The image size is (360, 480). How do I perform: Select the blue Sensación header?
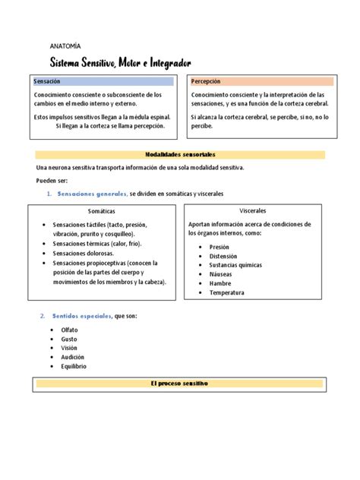tap(47, 81)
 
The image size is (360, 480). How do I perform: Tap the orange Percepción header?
tap(206, 81)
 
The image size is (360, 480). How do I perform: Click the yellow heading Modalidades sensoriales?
tap(180, 154)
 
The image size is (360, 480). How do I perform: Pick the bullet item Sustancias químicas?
tap(235, 265)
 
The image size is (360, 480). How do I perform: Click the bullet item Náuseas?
tap(221, 274)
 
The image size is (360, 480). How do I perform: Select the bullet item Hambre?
tap(219, 283)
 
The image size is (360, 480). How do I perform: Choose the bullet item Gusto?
tap(69, 339)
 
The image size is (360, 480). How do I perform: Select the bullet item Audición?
tap(72, 357)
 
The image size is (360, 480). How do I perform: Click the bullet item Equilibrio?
tap(74, 366)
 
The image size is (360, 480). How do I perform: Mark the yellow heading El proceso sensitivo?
tap(180, 384)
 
